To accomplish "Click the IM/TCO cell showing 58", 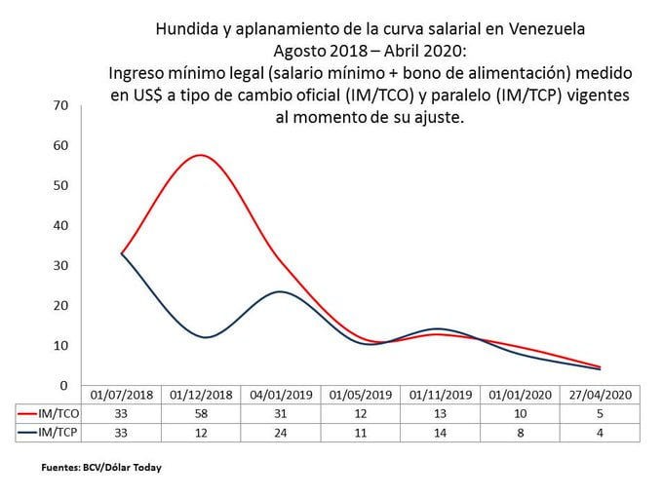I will (x=202, y=412).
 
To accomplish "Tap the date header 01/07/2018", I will (x=121, y=395).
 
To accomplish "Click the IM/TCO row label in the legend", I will (x=52, y=412).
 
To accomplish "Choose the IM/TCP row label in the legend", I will (x=52, y=430).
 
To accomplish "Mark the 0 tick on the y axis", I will (x=63, y=385).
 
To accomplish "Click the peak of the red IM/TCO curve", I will (x=200, y=155).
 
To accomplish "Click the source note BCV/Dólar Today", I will (x=101, y=468).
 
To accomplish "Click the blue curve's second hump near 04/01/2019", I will (x=281, y=291).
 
